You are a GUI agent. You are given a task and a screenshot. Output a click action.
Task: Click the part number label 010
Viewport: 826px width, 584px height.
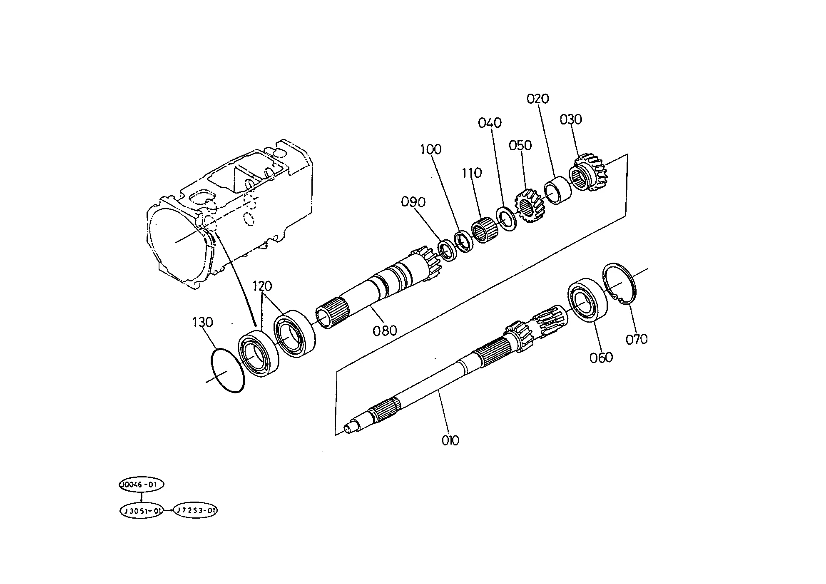(450, 440)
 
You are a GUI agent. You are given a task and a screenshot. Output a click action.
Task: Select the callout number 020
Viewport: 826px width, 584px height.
(538, 99)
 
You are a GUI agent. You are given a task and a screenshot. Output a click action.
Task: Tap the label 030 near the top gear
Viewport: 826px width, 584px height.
(571, 119)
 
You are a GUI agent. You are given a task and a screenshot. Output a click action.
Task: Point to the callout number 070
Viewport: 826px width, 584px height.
(637, 339)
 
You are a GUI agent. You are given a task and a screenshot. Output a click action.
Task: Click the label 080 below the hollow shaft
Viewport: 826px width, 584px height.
(385, 331)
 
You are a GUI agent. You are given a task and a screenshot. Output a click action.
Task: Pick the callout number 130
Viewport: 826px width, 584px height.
(203, 322)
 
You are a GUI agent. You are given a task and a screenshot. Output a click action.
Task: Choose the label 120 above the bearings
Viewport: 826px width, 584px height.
(262, 286)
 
